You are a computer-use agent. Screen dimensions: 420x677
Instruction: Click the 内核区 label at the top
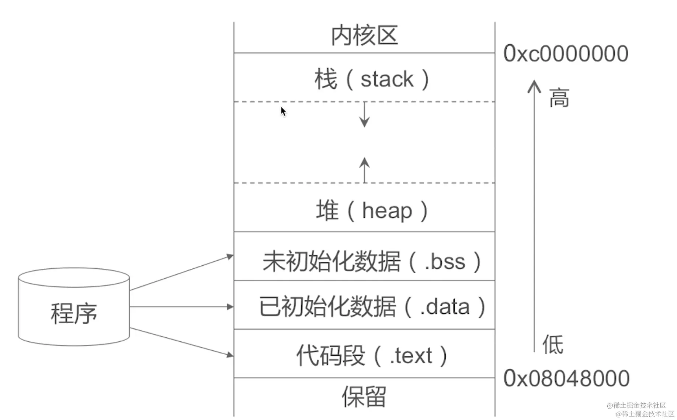click(364, 36)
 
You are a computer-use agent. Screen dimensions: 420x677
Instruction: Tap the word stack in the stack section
click(387, 79)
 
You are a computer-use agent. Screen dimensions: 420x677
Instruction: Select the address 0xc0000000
click(566, 54)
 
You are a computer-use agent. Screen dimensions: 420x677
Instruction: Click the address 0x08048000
click(566, 378)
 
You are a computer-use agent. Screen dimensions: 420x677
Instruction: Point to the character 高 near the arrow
click(559, 98)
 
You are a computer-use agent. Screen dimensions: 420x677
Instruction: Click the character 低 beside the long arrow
click(552, 344)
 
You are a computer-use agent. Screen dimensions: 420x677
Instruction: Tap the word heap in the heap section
click(387, 211)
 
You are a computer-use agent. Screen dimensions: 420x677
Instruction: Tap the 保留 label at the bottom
click(364, 397)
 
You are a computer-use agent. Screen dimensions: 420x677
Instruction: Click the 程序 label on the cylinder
click(74, 314)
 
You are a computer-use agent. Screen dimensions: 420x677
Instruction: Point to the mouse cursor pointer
click(283, 111)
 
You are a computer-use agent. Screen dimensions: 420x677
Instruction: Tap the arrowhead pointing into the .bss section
click(230, 256)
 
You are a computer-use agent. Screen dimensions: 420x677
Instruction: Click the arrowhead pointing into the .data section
click(230, 307)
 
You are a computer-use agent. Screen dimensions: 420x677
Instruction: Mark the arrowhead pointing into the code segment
click(230, 355)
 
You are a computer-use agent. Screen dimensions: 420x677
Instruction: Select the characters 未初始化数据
click(331, 262)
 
